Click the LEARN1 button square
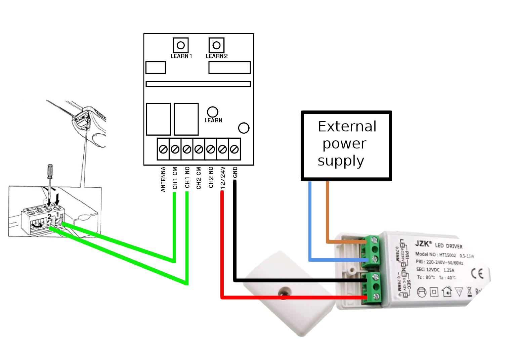point(181,45)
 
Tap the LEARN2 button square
point(216,45)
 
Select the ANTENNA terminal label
point(163,179)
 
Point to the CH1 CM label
point(175,178)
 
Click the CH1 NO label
point(187,177)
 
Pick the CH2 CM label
point(199,178)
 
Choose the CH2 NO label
point(211,177)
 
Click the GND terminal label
point(235,172)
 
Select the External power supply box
point(346,145)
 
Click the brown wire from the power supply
point(328,215)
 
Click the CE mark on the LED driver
point(477,273)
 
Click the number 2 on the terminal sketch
point(49,217)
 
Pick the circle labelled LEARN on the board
point(213,111)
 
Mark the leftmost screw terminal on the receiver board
point(163,149)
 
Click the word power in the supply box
point(344,144)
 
